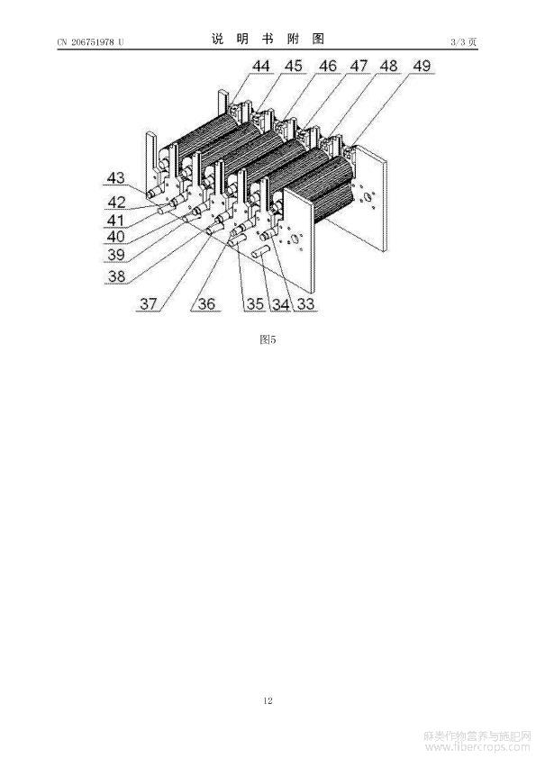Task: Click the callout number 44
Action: click(260, 66)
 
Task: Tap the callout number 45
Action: click(293, 66)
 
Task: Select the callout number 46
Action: click(328, 66)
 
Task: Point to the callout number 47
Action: click(359, 66)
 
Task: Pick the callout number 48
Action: click(388, 66)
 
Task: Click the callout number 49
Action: click(422, 66)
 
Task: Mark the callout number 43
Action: click(115, 177)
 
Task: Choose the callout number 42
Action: click(116, 202)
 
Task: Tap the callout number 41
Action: click(115, 220)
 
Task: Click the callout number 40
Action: click(115, 237)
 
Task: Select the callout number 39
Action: click(115, 254)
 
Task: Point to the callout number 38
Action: click(116, 276)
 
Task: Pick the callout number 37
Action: click(149, 303)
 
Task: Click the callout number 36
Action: click(206, 303)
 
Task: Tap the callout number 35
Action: click(255, 303)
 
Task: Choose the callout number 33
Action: click(305, 303)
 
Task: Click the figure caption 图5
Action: click(268, 339)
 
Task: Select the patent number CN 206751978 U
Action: click(90, 42)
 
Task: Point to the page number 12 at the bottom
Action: click(268, 700)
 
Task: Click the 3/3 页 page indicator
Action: click(463, 42)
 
